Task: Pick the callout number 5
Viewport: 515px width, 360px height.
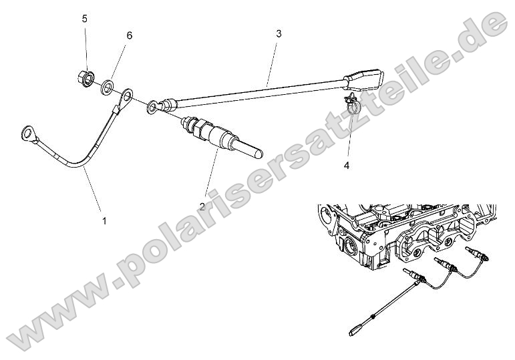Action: click(x=85, y=19)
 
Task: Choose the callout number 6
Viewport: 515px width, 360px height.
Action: click(x=129, y=35)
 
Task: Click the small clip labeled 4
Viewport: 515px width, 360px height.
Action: click(x=351, y=104)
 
